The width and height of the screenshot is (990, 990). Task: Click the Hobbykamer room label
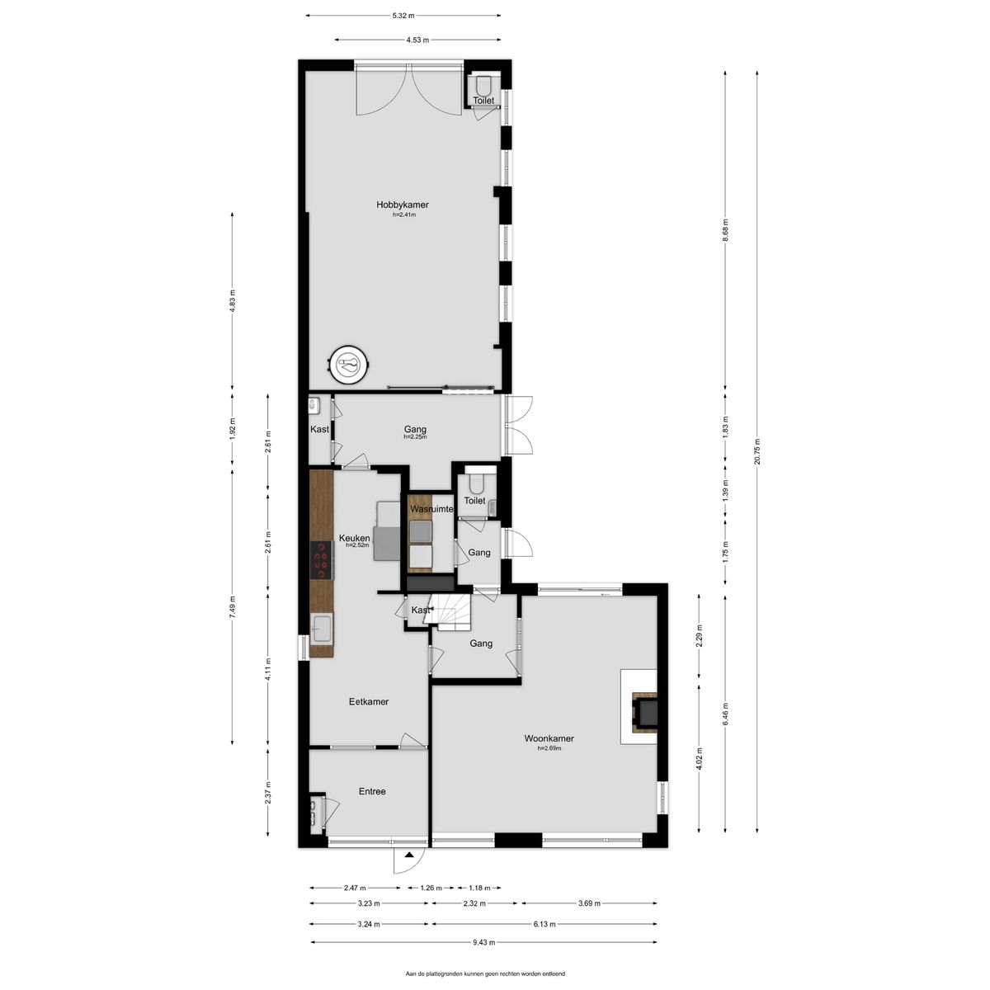(403, 205)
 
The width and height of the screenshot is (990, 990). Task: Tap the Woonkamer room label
(549, 738)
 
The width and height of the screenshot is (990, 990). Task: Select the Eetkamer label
(368, 702)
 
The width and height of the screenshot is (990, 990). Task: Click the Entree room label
(372, 792)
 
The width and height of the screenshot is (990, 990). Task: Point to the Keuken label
(354, 539)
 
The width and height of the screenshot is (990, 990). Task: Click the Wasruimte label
(431, 509)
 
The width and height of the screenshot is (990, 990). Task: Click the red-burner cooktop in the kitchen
(322, 560)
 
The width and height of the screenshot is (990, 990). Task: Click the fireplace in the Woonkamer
(645, 712)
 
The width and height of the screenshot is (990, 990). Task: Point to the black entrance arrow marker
(409, 855)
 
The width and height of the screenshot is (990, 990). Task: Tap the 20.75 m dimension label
(757, 451)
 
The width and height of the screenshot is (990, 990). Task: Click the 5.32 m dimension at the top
(403, 16)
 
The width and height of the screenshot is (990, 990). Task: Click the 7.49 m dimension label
(232, 606)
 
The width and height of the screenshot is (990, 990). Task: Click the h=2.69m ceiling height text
(549, 748)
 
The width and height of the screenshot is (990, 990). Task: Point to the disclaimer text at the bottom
(485, 973)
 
